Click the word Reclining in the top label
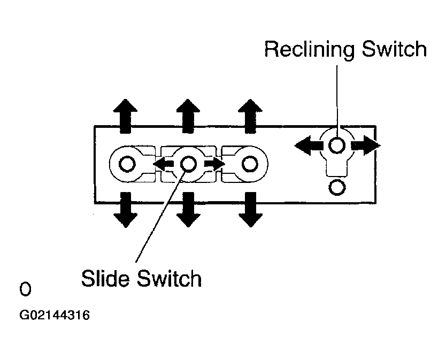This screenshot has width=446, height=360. point(309,50)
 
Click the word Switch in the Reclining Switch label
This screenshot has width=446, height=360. point(394,49)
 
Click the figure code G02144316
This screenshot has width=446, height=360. point(55,315)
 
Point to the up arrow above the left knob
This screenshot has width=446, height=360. point(125,116)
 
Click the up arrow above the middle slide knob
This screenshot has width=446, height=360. point(188,116)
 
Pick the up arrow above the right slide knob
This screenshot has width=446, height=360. point(250,116)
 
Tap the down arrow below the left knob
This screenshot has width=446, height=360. point(125,210)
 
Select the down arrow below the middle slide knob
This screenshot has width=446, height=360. point(188,210)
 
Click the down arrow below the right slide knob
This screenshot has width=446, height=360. point(250,210)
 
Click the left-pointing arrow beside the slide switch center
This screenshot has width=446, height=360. point(164,164)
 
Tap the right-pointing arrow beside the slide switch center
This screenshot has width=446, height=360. point(215,164)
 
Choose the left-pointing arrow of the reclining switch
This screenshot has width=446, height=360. point(309,145)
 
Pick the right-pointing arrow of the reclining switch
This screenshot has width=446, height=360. point(366,145)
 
